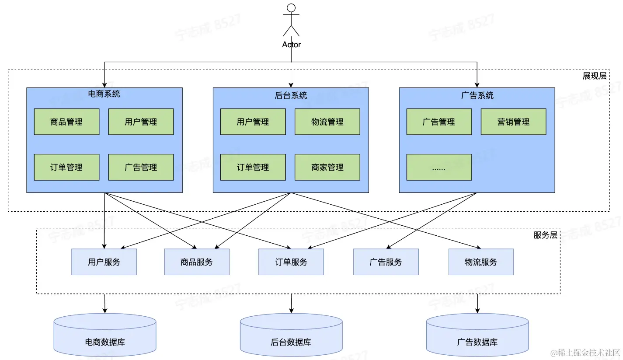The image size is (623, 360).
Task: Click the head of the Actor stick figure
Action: point(291,8)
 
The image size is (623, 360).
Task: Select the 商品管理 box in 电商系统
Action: point(66,122)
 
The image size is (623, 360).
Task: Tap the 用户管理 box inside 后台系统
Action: point(253,122)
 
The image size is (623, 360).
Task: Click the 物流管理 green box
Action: point(327,122)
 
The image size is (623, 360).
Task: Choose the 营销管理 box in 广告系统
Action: point(513,122)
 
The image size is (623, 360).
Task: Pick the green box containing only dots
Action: point(439,167)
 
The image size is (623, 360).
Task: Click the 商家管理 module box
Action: point(327,167)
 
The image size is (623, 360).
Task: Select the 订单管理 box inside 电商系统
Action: point(66,167)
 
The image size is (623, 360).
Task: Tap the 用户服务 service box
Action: point(104,262)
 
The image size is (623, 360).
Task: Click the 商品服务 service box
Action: point(197,262)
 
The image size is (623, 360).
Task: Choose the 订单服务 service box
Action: point(291,262)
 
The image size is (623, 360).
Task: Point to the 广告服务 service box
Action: point(386,262)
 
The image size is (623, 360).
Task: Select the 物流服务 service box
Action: point(481,262)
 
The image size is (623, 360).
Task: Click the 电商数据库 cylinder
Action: point(105,335)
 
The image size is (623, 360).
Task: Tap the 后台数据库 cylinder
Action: point(291,335)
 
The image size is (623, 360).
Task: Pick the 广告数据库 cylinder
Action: point(477,335)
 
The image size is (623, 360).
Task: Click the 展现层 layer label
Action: point(594,76)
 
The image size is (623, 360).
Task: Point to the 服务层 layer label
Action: point(545,235)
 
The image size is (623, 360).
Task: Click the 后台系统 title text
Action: point(291,95)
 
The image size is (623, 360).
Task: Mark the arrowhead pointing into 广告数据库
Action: point(477,311)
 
